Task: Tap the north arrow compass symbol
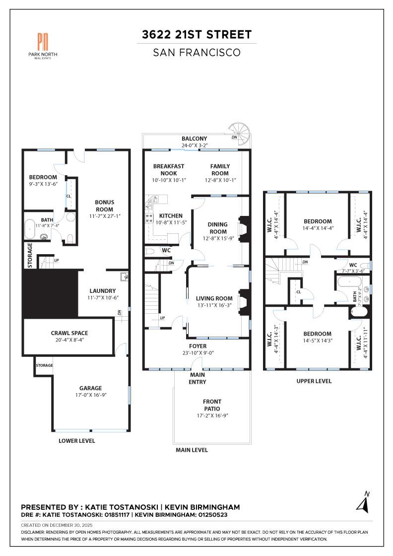[x=363, y=502]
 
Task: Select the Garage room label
[x=90, y=388]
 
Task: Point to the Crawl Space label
[x=76, y=333]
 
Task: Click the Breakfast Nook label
[x=169, y=169]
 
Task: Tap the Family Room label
[x=220, y=169]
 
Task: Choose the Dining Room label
[x=217, y=228]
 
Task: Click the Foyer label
[x=198, y=346]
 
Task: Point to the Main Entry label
[x=197, y=378]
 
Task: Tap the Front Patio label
[x=212, y=405]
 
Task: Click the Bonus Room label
[x=105, y=206]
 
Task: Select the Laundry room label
[x=103, y=291]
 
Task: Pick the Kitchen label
[x=171, y=216]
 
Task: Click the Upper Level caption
[x=314, y=381]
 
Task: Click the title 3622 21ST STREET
[x=196, y=34]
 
